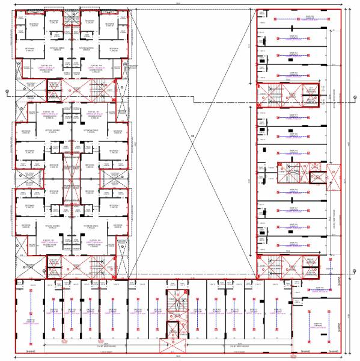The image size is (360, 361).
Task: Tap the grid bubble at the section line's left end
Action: coord(7,92)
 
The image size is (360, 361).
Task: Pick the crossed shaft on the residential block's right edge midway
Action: coord(114,179)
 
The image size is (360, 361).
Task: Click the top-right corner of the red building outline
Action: coord(341,9)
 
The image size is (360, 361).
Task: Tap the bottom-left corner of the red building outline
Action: coord(13,353)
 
